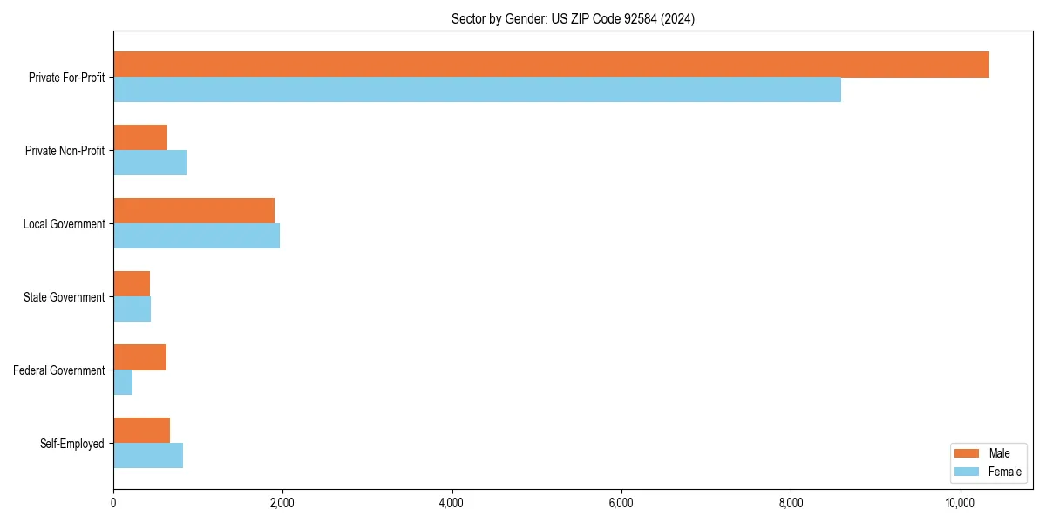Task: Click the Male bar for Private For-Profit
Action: click(x=551, y=65)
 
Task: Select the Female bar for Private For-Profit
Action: click(x=477, y=90)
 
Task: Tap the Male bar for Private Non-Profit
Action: click(x=140, y=138)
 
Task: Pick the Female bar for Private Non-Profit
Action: click(x=150, y=163)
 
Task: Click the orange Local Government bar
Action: click(x=194, y=211)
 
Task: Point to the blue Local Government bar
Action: click(x=196, y=236)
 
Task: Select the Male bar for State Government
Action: click(x=132, y=284)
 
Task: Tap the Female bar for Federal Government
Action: click(x=123, y=383)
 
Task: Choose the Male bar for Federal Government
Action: click(x=139, y=357)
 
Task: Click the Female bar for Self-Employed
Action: click(x=148, y=456)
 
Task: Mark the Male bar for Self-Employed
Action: click(x=141, y=431)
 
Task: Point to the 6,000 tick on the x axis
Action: click(x=621, y=503)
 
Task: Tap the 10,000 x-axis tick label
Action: click(x=959, y=503)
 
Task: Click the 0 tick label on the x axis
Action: click(x=113, y=503)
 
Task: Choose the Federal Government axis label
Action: click(x=59, y=370)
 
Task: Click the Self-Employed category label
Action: click(x=72, y=444)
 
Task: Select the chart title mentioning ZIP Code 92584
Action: click(x=573, y=18)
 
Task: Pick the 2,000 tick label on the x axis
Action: click(x=282, y=503)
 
